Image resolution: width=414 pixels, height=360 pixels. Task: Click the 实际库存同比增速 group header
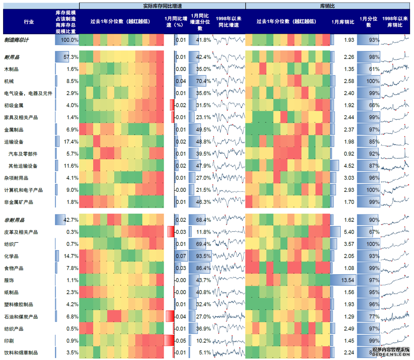click(x=162, y=6)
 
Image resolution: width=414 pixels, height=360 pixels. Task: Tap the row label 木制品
click(x=11, y=69)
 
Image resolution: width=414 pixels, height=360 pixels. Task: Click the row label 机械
click(x=8, y=82)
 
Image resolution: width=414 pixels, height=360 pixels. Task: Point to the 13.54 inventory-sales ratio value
click(x=347, y=280)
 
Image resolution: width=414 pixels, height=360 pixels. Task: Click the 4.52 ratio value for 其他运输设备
click(x=349, y=166)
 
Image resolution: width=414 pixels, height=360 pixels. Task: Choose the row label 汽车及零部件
click(x=23, y=154)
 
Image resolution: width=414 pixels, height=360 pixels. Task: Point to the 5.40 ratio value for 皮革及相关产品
click(x=349, y=232)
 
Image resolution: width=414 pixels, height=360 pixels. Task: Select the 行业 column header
click(x=29, y=22)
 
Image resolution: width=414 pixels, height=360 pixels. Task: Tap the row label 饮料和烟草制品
click(x=21, y=352)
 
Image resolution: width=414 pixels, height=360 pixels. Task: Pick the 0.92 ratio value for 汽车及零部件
click(x=349, y=154)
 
